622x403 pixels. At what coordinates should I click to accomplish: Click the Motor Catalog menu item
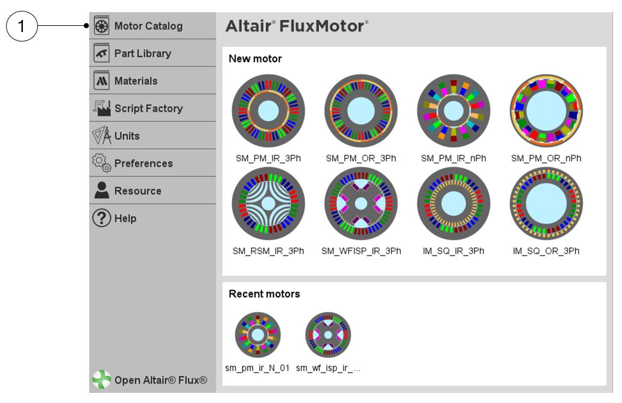(148, 27)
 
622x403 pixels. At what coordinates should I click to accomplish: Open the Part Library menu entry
(142, 54)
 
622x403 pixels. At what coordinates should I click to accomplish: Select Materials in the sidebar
(136, 81)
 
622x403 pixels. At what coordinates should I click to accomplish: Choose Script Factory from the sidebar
(148, 108)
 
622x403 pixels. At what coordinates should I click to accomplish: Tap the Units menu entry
(127, 136)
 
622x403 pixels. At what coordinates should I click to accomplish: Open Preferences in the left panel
(143, 163)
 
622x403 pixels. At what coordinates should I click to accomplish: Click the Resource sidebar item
(137, 191)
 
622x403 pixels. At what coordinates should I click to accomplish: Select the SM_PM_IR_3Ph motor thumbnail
(268, 111)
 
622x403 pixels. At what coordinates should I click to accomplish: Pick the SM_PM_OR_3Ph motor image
(361, 111)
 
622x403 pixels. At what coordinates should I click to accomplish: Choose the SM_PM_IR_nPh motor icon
(453, 111)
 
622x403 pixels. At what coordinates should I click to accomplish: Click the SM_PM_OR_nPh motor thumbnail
(546, 111)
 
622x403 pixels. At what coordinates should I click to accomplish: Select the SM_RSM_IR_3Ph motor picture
(268, 204)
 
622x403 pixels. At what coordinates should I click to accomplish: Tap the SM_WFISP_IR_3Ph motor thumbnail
(361, 204)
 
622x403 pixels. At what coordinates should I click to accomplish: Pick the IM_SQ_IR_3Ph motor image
(453, 204)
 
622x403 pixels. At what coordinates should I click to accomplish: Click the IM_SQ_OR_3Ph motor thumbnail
(546, 204)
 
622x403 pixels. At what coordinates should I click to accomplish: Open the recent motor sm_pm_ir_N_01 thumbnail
(258, 335)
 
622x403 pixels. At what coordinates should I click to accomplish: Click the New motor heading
(255, 59)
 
